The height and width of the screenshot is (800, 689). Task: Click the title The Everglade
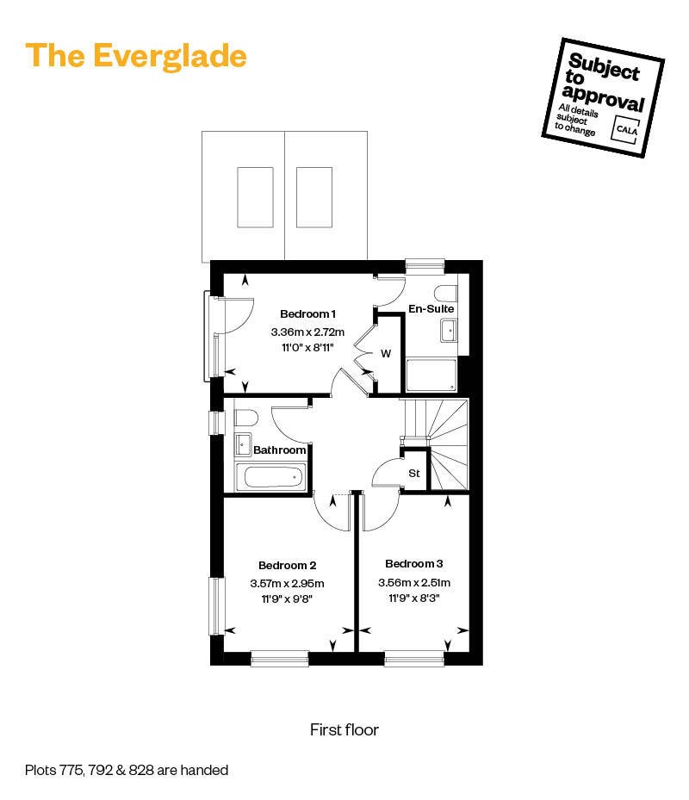point(136,55)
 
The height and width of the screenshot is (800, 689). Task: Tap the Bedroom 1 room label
point(307,313)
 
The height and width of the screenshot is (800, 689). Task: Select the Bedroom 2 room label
point(288,566)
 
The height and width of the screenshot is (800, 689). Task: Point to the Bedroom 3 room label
point(414,564)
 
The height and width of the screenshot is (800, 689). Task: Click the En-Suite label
point(431,308)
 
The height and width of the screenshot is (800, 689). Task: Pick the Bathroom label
point(279,450)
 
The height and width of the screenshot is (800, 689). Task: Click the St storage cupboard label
point(414,473)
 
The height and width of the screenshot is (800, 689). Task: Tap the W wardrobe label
point(386,353)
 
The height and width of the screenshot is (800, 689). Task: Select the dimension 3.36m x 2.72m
point(307,332)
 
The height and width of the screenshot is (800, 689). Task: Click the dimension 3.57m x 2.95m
point(288,583)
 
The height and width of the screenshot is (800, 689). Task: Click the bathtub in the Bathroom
point(270,475)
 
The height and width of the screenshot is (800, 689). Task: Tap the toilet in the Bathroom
point(246,419)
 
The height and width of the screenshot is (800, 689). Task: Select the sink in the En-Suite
point(449,330)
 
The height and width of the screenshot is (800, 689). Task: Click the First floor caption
point(344,730)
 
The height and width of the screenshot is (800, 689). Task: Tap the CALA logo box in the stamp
point(624,127)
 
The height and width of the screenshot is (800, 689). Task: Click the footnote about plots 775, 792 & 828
point(127,770)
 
